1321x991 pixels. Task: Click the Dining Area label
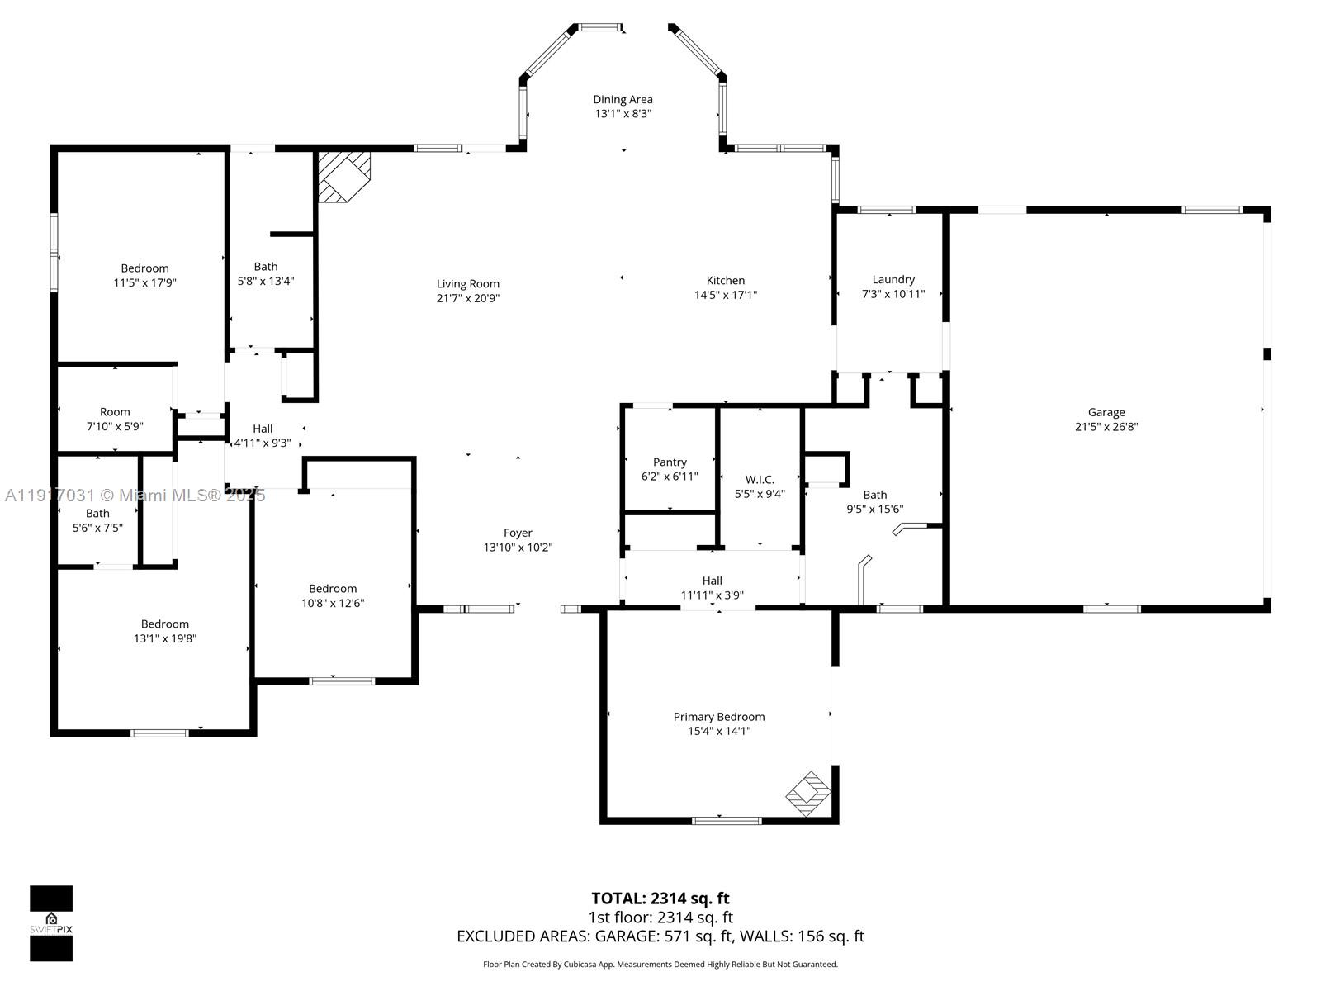pos(623,99)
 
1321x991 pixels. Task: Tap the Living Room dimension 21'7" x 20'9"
pos(468,298)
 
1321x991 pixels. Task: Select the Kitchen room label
pos(726,280)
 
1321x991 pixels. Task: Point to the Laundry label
pos(893,279)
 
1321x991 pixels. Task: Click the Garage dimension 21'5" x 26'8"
pos(1106,427)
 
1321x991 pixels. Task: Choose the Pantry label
pos(670,462)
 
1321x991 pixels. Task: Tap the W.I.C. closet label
pos(760,479)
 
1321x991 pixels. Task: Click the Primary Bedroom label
pos(719,717)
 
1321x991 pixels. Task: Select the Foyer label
pos(518,533)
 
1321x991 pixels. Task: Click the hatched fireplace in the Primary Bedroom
pos(808,794)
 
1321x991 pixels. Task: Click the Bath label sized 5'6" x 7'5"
pos(97,513)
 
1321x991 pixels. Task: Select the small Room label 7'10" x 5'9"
pos(115,411)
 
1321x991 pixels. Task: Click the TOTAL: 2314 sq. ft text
pos(660,898)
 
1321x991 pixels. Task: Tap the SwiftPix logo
pos(51,923)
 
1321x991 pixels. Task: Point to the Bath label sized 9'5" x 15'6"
pos(875,495)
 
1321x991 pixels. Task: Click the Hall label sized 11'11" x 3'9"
pos(712,581)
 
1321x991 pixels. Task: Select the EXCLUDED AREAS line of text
pos(660,936)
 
